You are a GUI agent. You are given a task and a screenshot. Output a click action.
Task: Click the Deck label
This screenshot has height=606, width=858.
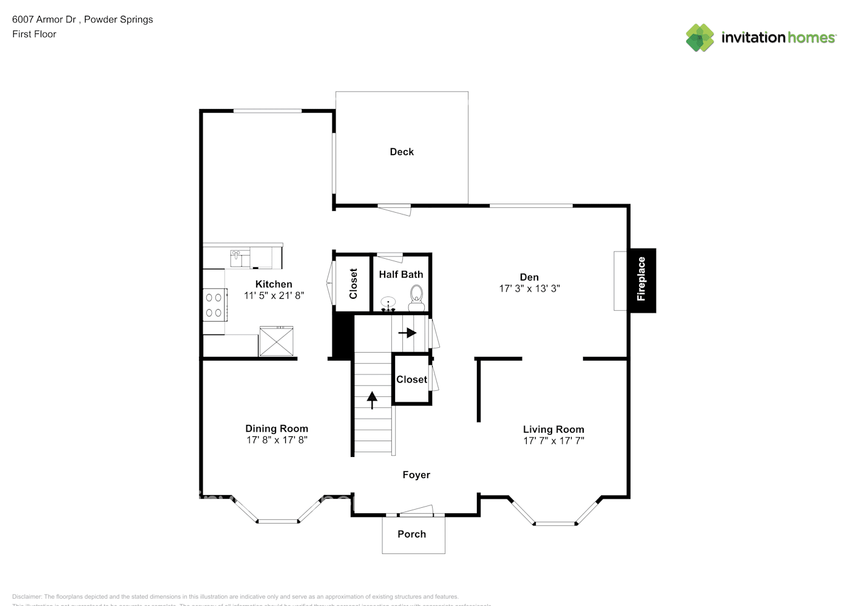click(x=401, y=151)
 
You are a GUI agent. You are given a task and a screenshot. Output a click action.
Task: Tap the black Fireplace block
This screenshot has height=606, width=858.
click(x=641, y=280)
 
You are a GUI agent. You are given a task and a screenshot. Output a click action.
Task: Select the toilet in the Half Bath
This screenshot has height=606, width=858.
click(x=416, y=295)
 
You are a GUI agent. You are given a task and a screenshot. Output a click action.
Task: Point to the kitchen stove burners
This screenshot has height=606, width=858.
click(x=214, y=305)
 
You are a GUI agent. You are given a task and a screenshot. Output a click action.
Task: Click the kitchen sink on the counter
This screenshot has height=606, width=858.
click(x=237, y=258)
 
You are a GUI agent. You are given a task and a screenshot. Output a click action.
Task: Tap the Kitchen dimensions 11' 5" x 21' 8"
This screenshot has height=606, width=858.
click(x=274, y=296)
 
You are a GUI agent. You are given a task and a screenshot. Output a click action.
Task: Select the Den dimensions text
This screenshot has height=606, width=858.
click(x=529, y=288)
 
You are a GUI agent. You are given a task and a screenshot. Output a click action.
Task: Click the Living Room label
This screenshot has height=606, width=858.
click(x=553, y=429)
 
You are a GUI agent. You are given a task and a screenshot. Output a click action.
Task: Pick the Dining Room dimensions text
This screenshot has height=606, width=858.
click(x=277, y=440)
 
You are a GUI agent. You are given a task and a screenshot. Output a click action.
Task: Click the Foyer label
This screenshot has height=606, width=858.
click(x=416, y=475)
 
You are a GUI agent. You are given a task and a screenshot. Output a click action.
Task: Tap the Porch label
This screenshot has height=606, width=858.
click(x=411, y=534)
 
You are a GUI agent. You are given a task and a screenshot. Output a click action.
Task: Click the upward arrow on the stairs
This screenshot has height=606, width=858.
click(x=371, y=399)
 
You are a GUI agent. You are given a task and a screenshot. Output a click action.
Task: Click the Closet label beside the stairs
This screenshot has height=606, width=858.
click(x=411, y=379)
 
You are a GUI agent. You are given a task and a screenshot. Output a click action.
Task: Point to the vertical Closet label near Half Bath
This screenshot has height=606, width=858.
click(x=353, y=284)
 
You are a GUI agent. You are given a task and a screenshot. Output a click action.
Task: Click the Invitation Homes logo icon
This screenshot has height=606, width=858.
click(x=700, y=38)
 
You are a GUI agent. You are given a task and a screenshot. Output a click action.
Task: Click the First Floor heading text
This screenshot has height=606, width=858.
click(x=34, y=34)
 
